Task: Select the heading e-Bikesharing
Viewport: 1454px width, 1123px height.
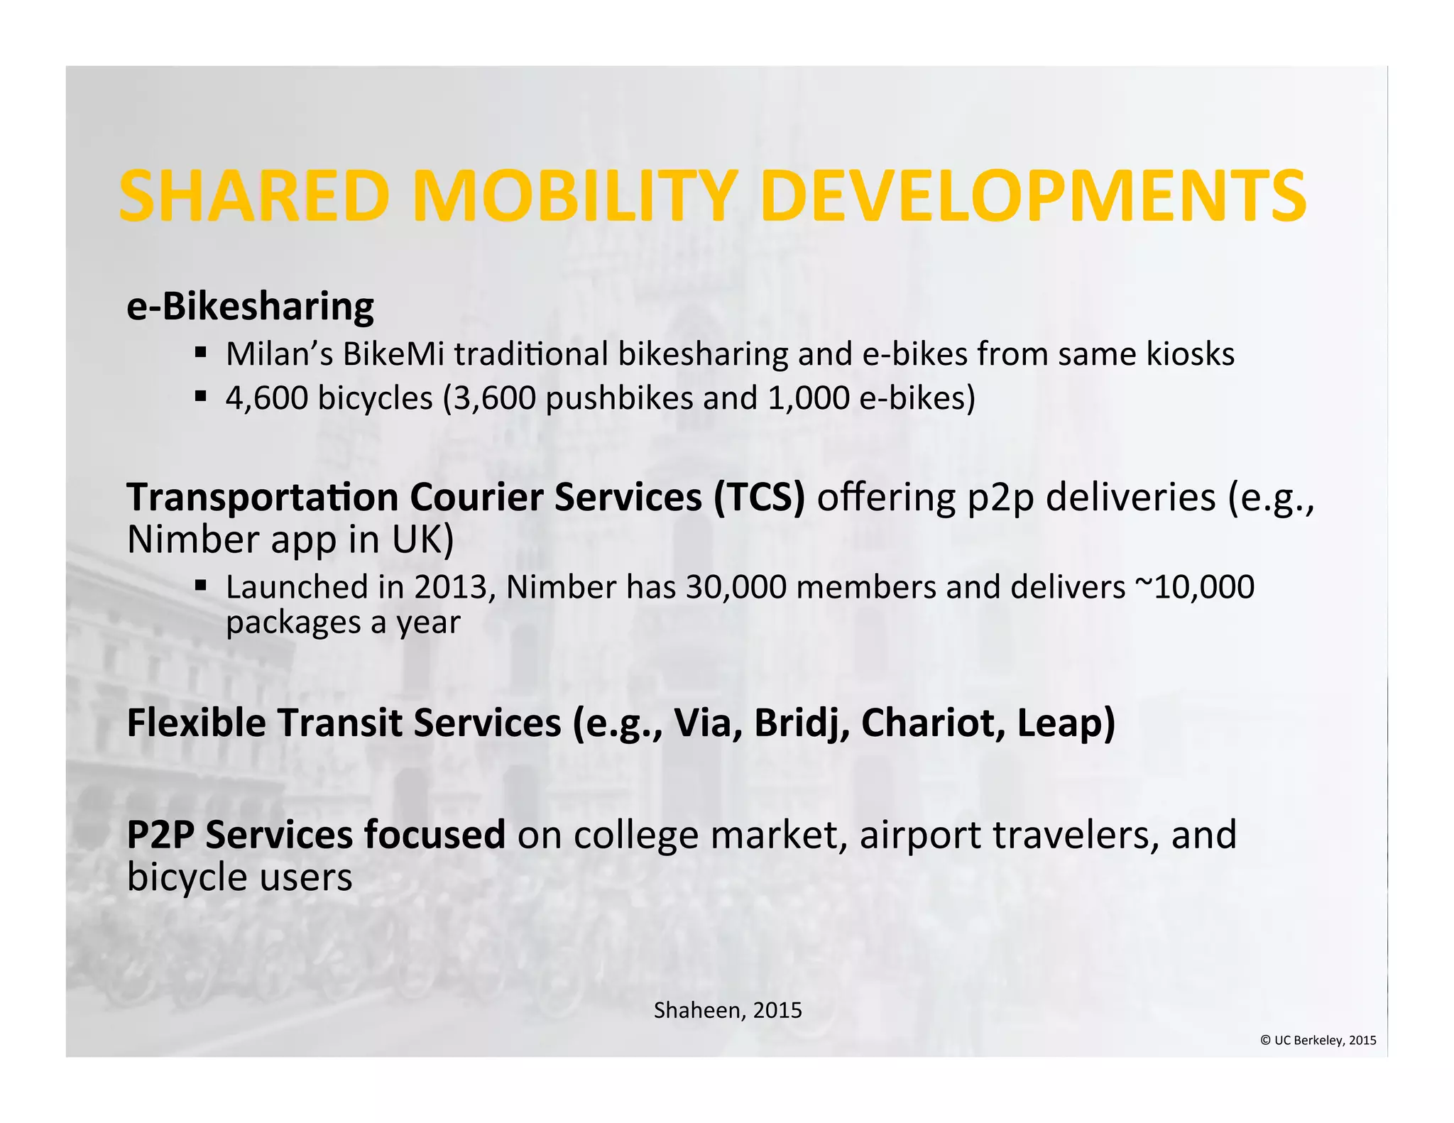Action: (x=250, y=307)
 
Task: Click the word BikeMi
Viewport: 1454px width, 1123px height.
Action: (x=393, y=354)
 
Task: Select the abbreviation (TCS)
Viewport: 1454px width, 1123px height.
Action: (x=759, y=497)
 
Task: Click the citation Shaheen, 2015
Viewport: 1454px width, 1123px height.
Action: (x=728, y=1010)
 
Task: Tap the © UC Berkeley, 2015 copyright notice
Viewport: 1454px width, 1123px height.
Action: (x=1318, y=1041)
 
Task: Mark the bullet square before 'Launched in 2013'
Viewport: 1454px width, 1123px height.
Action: (x=201, y=586)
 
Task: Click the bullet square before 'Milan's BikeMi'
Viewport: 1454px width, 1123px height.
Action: (x=201, y=351)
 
